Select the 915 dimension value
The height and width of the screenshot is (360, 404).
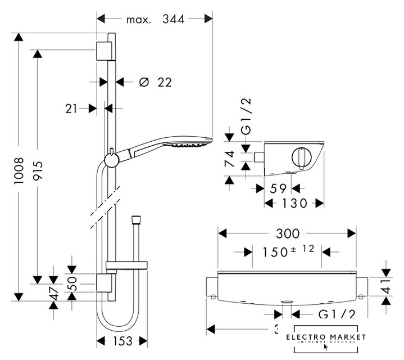point(38,169)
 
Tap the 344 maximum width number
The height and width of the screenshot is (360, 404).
point(174,19)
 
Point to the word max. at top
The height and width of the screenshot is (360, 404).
point(138,19)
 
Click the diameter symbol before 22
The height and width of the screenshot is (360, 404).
point(143,82)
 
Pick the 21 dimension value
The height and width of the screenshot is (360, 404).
point(71,108)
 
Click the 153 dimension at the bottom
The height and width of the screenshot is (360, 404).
point(122,341)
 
